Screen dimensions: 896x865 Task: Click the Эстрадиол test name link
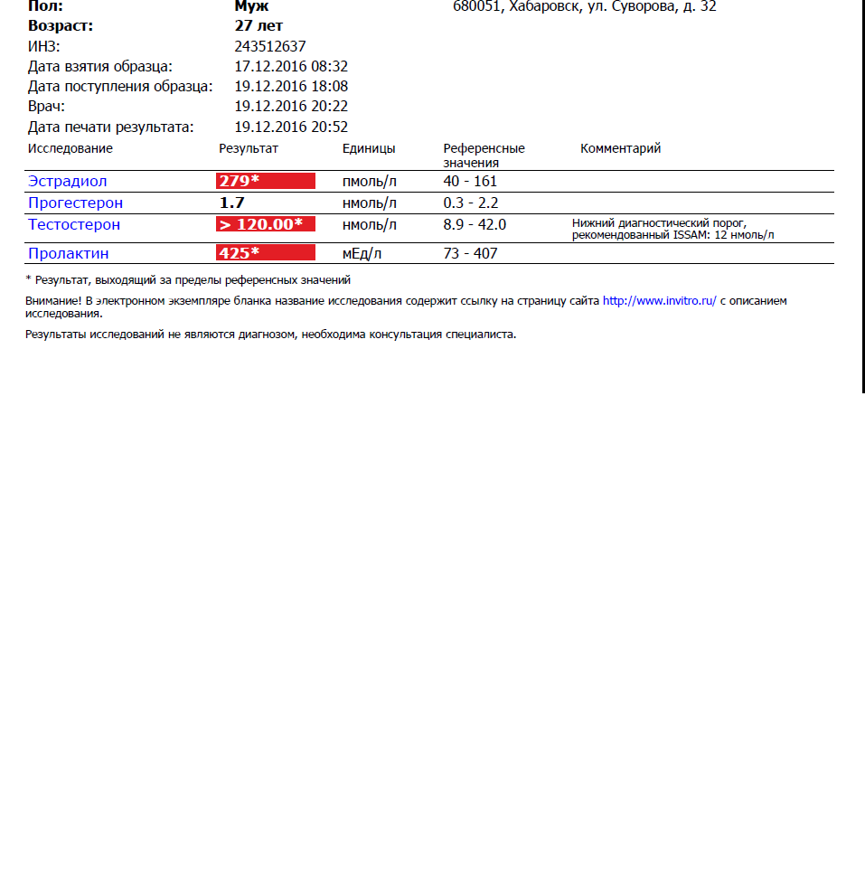[x=67, y=181]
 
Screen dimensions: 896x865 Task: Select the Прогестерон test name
[x=75, y=203]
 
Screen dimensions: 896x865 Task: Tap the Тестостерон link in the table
[x=73, y=224]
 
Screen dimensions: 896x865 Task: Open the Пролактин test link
[x=68, y=253]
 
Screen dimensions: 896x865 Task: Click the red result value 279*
[x=265, y=181]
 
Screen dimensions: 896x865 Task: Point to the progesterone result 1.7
[x=232, y=203]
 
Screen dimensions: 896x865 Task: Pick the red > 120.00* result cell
[x=265, y=224]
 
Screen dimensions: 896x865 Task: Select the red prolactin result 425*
[x=265, y=253]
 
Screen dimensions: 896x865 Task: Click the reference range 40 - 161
[x=470, y=181]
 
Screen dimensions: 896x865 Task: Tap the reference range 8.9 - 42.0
[x=475, y=224]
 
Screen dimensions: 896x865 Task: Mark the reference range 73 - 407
[x=470, y=253]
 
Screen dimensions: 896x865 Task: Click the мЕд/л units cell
[x=362, y=253]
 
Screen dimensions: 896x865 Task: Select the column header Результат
[x=249, y=148]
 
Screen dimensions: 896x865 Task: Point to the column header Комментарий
[x=620, y=148]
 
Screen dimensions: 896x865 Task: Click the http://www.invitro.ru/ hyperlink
[x=659, y=301]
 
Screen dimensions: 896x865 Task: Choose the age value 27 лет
[x=259, y=26]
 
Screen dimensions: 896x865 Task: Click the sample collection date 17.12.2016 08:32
[x=291, y=66]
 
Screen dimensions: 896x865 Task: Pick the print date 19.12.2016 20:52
[x=291, y=127]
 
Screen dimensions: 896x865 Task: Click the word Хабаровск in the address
[x=543, y=7]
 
